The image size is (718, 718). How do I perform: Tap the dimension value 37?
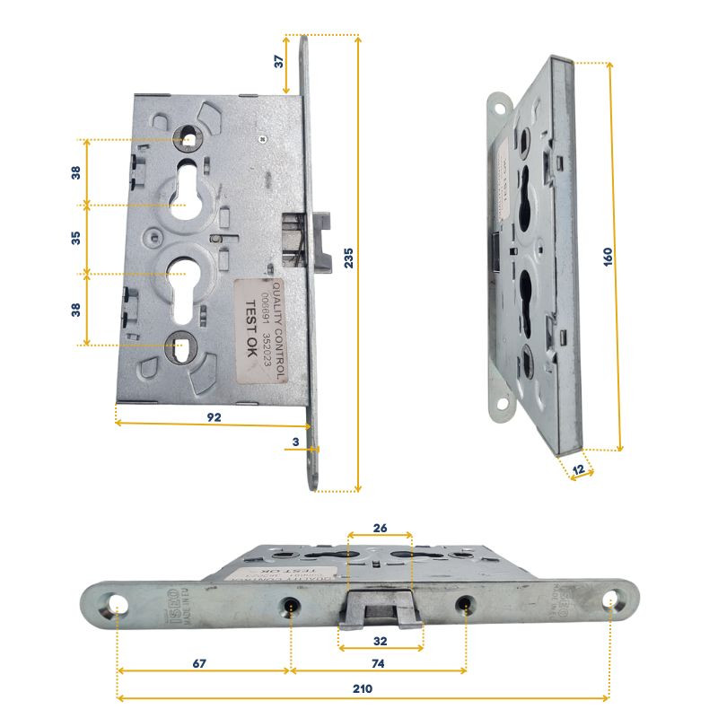(279, 63)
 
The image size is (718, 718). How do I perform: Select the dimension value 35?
(76, 239)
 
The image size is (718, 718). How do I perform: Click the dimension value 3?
(294, 442)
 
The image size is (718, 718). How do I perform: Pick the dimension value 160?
(608, 256)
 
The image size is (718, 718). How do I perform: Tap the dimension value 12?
(580, 470)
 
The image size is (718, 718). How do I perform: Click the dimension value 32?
(381, 642)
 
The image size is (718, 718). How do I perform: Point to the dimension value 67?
(200, 663)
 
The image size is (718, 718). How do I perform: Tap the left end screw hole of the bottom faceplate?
(118, 603)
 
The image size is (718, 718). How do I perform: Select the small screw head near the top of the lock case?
(260, 138)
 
